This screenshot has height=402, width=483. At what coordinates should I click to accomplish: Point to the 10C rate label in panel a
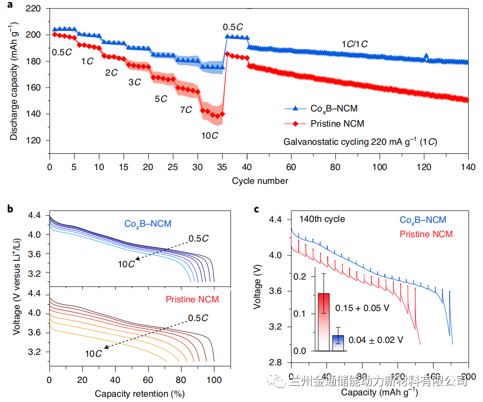(x=210, y=136)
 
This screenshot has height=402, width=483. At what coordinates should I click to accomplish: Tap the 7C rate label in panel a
(x=186, y=110)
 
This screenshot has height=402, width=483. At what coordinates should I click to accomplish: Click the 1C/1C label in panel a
(x=354, y=44)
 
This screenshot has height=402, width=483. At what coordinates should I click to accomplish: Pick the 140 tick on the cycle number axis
(x=468, y=168)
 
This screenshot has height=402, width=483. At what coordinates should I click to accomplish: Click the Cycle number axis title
(x=260, y=181)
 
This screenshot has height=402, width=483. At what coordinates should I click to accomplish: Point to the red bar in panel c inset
(x=324, y=322)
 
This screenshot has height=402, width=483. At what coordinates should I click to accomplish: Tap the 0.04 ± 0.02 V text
(x=376, y=340)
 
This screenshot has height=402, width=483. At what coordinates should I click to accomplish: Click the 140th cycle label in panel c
(x=322, y=220)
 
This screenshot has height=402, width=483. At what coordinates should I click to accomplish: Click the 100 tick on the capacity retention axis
(x=214, y=382)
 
